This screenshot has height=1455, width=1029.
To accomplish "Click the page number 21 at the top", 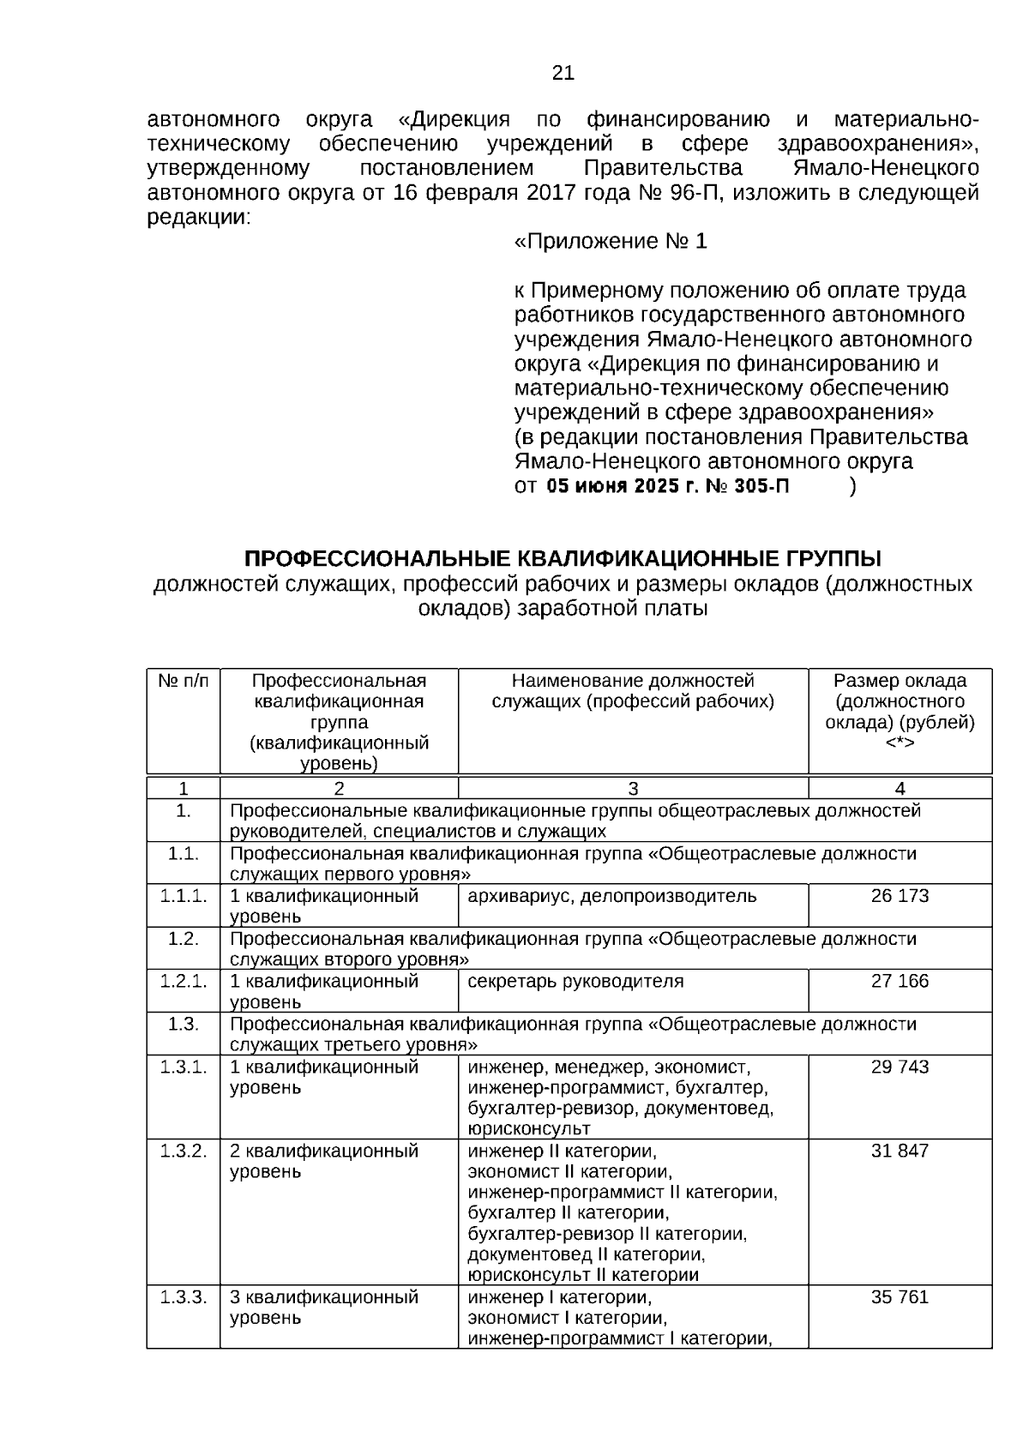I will [x=563, y=73].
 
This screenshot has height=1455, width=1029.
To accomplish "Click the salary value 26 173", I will [x=900, y=896].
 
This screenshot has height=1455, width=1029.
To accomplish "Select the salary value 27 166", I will [x=900, y=981].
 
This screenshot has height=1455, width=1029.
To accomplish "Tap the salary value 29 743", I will [x=900, y=1067].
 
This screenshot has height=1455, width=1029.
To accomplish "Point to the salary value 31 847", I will [x=900, y=1151].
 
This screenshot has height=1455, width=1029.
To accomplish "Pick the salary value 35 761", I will [x=900, y=1296].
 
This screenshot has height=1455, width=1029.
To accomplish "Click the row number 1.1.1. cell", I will [x=184, y=896].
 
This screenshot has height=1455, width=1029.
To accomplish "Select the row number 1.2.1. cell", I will [x=184, y=981].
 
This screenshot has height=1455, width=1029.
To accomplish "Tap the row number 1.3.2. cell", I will [x=184, y=1151].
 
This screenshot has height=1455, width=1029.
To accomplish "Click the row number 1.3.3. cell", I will [x=184, y=1296].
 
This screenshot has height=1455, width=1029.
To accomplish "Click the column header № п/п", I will [x=184, y=681].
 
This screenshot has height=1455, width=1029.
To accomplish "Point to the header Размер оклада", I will [x=900, y=681].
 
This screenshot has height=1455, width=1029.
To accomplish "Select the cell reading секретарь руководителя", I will [x=575, y=981].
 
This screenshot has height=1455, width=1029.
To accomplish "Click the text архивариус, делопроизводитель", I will [x=611, y=896].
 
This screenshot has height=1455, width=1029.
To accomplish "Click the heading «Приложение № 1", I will [x=611, y=242].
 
